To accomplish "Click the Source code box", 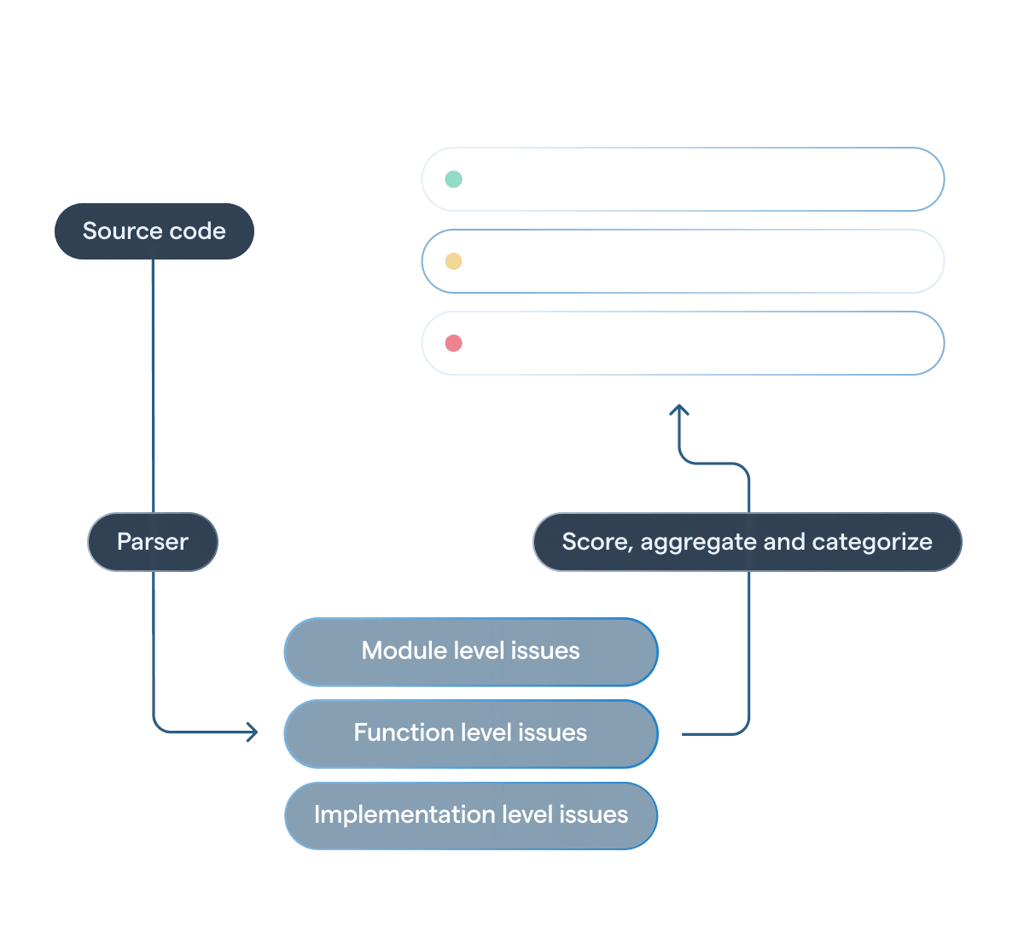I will [x=154, y=231].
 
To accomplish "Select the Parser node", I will [x=153, y=542].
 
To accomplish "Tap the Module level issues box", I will [x=471, y=651].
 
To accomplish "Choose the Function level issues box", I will [x=471, y=733].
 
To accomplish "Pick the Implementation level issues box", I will [x=471, y=815].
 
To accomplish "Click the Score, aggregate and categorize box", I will [x=748, y=542].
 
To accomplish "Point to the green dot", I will [x=454, y=179].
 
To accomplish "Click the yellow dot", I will [x=454, y=261].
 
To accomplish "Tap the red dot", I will [x=454, y=343].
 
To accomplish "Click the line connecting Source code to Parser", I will [x=153, y=384].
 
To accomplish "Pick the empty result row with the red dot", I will [x=683, y=343].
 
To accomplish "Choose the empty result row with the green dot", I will [x=683, y=179].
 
